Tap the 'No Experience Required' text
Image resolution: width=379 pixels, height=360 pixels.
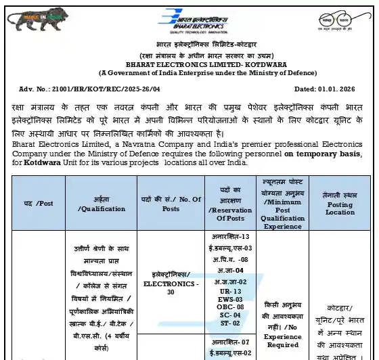click(282, 336)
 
